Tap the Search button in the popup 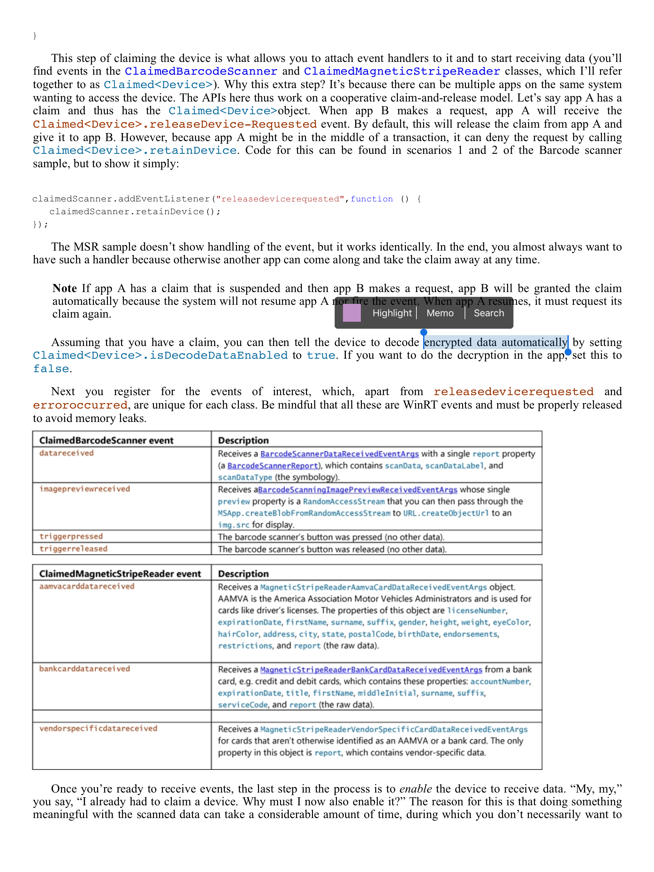[488, 313]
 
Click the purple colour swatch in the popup [352, 313]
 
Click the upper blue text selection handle [424, 332]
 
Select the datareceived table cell [66, 453]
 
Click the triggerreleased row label [73, 549]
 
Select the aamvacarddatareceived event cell [87, 586]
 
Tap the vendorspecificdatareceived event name [98, 728]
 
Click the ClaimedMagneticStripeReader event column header [120, 574]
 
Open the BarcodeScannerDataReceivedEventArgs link [339, 454]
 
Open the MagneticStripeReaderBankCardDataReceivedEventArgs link [371, 669]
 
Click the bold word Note [65, 288]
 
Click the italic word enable [415, 788]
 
